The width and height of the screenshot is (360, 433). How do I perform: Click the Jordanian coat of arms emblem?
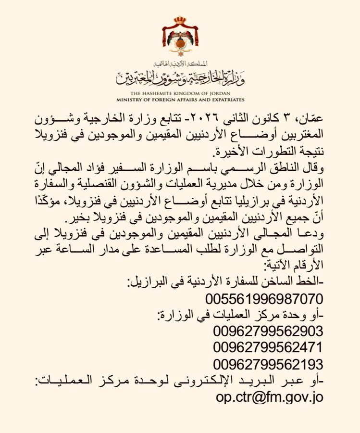tap(180, 40)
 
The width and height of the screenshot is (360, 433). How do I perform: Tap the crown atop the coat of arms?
tap(180, 22)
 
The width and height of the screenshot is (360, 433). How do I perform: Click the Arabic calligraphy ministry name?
tap(180, 75)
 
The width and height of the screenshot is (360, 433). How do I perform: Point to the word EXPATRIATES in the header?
tap(223, 100)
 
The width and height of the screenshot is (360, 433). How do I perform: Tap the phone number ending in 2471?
tap(268, 347)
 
